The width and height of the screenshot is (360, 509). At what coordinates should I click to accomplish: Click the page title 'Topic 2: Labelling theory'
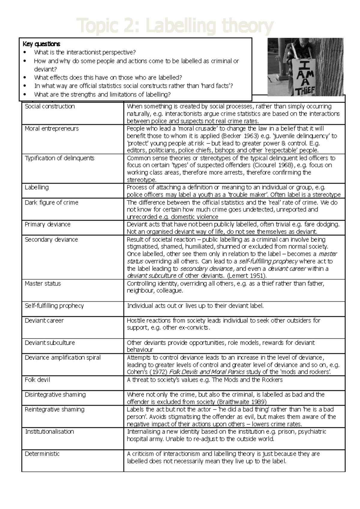[x=175, y=26]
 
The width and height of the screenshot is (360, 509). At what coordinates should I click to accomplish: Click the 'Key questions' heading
[x=41, y=44]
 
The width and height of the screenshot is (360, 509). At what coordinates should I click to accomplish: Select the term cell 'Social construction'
[x=50, y=106]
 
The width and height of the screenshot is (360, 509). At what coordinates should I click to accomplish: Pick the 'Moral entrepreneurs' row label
[x=52, y=129]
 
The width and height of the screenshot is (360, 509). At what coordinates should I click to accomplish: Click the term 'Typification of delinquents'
[x=59, y=158]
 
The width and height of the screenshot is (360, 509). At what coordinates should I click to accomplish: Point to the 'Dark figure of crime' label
[x=51, y=203]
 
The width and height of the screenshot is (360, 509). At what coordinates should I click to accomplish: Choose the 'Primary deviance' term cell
[x=47, y=225]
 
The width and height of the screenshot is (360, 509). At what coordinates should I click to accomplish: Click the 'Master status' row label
[x=43, y=284]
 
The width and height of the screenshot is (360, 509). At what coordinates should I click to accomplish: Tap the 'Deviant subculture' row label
[x=49, y=343]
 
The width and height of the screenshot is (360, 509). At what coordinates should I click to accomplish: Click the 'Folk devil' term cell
[x=37, y=380]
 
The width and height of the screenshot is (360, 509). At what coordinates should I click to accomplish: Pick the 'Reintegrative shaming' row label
[x=54, y=409]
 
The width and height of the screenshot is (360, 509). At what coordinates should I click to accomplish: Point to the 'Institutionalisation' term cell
[x=49, y=432]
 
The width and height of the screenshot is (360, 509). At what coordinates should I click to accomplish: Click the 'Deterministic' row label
[x=42, y=454]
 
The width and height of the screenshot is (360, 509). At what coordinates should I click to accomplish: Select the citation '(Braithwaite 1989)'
[x=241, y=402]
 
